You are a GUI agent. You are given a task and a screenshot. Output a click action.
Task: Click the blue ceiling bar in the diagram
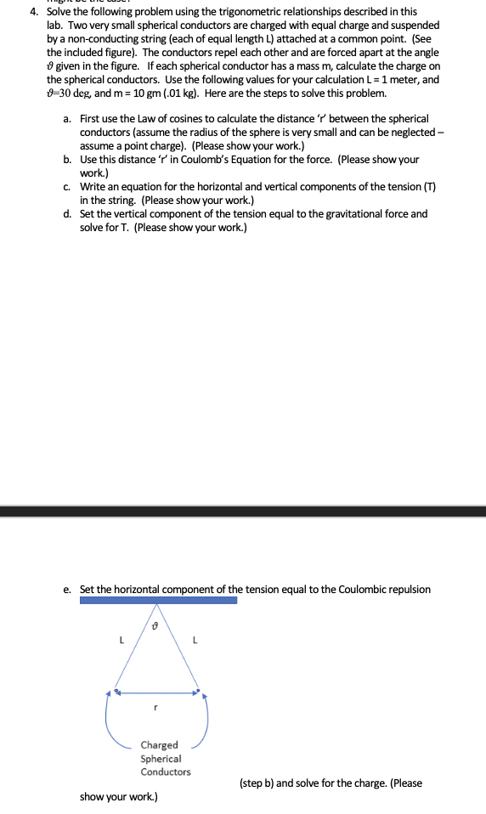[158, 600]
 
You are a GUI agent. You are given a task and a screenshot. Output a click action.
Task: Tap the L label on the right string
[196, 640]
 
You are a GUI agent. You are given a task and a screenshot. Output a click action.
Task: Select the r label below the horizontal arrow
[155, 706]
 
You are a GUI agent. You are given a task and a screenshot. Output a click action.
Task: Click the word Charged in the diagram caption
[159, 745]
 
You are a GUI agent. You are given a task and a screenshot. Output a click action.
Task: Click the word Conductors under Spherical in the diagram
[166, 772]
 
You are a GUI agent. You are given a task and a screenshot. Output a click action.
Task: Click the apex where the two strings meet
[155, 606]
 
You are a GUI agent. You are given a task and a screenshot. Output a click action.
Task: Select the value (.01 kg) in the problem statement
[180, 93]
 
